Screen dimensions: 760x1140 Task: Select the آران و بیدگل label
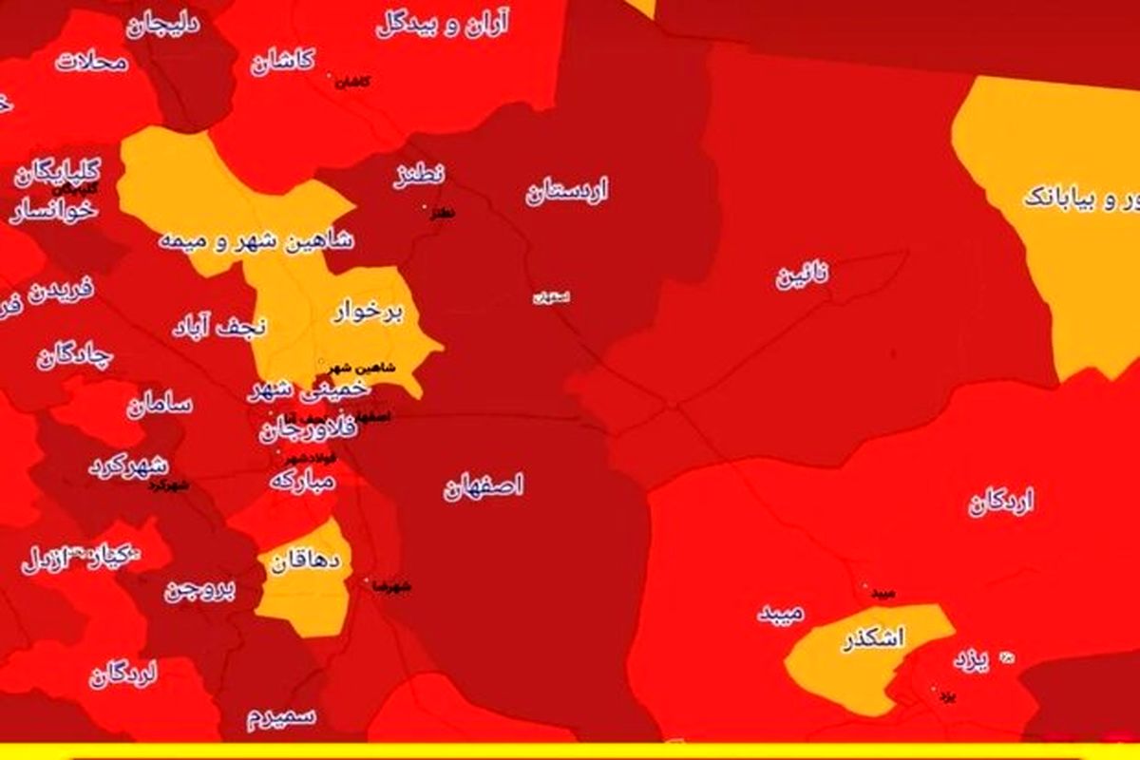(443, 25)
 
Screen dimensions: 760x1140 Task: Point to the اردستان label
(566, 192)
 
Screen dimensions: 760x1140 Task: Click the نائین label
(803, 276)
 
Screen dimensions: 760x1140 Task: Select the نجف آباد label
(219, 327)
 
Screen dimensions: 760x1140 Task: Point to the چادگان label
(75, 358)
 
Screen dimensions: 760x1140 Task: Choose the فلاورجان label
(309, 430)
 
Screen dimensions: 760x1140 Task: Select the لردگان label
(123, 674)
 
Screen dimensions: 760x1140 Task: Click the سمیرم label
(281, 715)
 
